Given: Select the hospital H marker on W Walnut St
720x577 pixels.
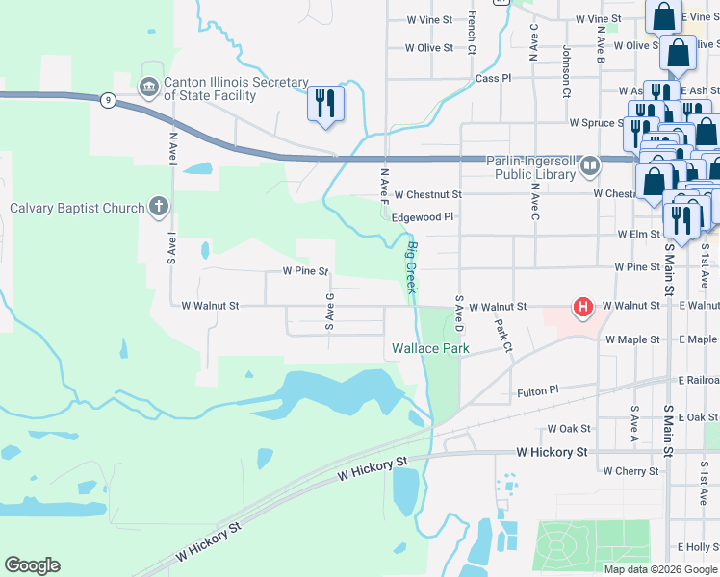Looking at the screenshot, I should [582, 308].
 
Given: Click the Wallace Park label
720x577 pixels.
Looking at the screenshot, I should [429, 348].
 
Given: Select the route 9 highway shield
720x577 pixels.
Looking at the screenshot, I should [109, 99].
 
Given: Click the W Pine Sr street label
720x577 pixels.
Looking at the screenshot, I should [306, 272].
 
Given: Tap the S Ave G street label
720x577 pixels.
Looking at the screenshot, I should [329, 313].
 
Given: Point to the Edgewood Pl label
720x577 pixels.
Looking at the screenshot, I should [422, 218].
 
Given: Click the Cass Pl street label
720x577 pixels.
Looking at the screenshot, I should [493, 78].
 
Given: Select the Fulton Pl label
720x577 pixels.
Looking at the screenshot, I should [537, 391].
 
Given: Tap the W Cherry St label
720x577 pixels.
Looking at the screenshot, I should [630, 471].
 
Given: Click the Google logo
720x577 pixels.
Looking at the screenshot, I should [32, 565].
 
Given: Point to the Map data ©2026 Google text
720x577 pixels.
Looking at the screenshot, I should [660, 569].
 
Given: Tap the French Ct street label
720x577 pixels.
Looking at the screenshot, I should [472, 32].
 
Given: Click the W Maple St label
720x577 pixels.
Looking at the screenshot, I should [632, 339].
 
